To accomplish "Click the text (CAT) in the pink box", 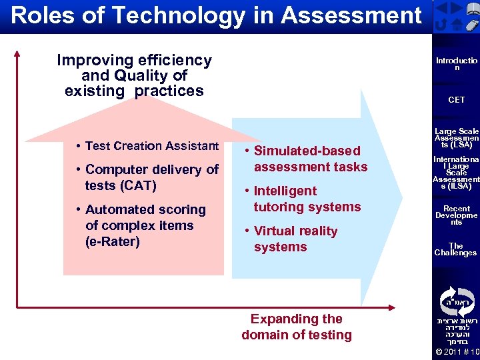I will click(x=121, y=185).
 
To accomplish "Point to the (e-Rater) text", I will click(x=113, y=241).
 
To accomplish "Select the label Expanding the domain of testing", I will click(x=296, y=327).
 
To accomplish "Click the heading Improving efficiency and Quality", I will click(x=134, y=75).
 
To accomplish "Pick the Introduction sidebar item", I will click(x=457, y=63).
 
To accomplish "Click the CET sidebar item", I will click(x=457, y=99).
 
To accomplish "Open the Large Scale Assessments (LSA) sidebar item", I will click(x=457, y=138).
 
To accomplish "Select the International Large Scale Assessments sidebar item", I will click(x=457, y=173).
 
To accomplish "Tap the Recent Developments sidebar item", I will click(x=457, y=215).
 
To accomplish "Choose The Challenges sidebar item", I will click(x=457, y=249).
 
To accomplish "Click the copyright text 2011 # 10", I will click(x=457, y=351).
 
